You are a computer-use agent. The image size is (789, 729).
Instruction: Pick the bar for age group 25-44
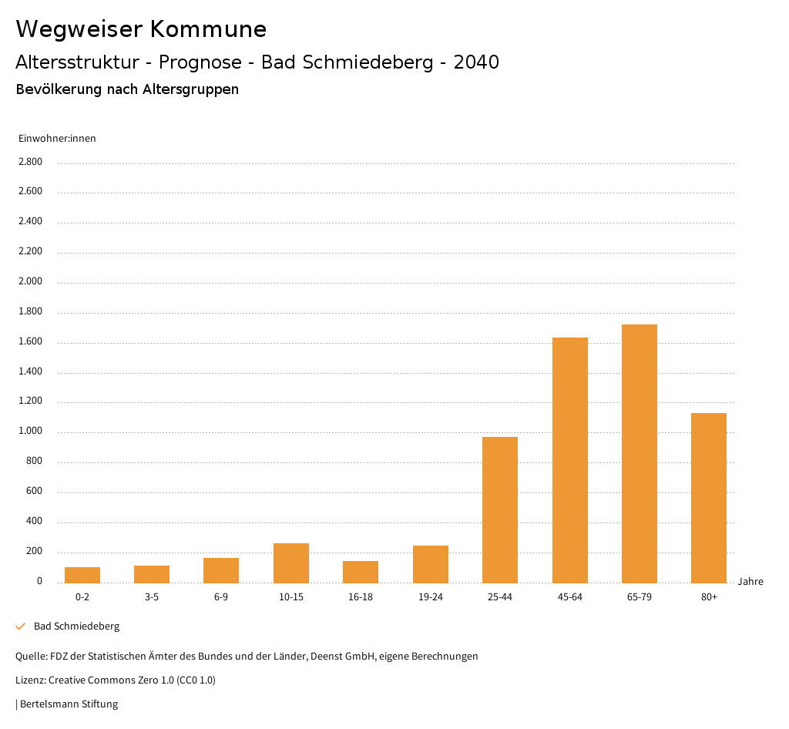click(500, 509)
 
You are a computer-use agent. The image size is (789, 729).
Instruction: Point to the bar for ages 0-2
click(82, 575)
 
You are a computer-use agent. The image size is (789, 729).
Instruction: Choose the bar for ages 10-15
click(291, 563)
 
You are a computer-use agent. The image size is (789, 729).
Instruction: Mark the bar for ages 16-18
click(361, 572)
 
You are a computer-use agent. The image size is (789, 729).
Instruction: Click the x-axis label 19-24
click(430, 597)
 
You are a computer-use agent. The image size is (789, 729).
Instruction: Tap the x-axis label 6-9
click(221, 597)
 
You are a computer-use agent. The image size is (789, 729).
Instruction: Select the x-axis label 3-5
click(152, 597)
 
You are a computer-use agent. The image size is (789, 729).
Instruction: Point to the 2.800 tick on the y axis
click(30, 162)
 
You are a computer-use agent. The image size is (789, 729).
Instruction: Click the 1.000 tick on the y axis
click(30, 432)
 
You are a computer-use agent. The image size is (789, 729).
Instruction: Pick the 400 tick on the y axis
click(34, 522)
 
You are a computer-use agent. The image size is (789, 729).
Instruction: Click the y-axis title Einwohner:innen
click(57, 139)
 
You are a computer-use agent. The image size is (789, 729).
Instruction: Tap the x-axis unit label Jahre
click(750, 582)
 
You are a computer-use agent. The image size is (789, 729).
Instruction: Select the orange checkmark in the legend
click(21, 627)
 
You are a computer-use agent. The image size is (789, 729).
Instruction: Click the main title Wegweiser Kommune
click(141, 29)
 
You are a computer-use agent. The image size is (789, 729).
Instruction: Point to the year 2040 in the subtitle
click(476, 62)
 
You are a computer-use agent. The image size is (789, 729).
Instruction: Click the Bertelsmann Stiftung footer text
click(69, 704)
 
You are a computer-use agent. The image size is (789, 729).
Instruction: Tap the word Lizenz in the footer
click(29, 680)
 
